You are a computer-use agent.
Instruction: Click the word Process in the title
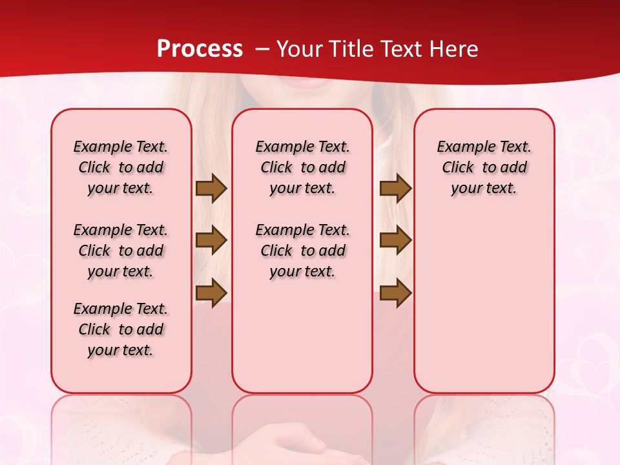point(200,48)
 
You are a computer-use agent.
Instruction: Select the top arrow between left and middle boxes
point(211,189)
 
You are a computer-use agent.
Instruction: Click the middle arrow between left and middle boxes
point(211,240)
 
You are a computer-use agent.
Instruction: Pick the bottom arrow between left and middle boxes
point(211,293)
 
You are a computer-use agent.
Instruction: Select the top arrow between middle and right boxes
point(395,189)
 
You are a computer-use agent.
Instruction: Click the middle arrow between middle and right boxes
point(395,240)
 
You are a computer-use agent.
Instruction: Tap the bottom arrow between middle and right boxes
point(395,293)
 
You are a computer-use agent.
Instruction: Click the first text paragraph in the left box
point(121,167)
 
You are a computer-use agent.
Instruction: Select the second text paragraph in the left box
point(121,251)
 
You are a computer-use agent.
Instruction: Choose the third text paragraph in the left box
point(121,329)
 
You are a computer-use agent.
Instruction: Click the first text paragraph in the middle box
point(302,167)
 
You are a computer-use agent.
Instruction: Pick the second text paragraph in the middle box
point(302,251)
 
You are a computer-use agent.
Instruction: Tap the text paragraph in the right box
point(484,167)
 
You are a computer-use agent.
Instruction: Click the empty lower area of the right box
point(484,310)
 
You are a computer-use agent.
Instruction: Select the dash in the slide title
point(262,49)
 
